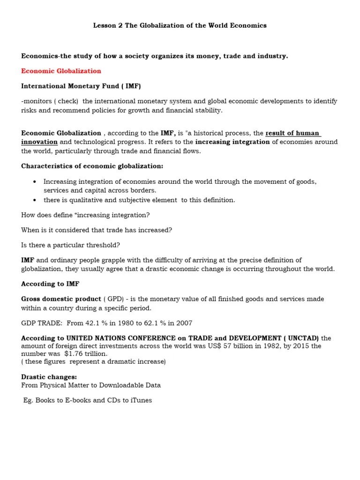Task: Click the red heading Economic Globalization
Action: click(x=61, y=71)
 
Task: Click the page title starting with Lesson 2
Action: click(x=180, y=26)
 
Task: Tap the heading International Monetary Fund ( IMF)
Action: click(x=81, y=86)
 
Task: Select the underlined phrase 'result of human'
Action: click(x=293, y=133)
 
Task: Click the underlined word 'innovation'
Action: click(x=39, y=142)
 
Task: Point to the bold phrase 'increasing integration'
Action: click(x=232, y=142)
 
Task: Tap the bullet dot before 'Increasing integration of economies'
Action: click(x=35, y=182)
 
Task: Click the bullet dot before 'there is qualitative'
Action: click(x=35, y=200)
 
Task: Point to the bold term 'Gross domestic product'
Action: click(x=61, y=299)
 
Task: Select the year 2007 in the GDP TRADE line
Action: click(x=183, y=323)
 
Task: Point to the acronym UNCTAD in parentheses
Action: click(x=302, y=338)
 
